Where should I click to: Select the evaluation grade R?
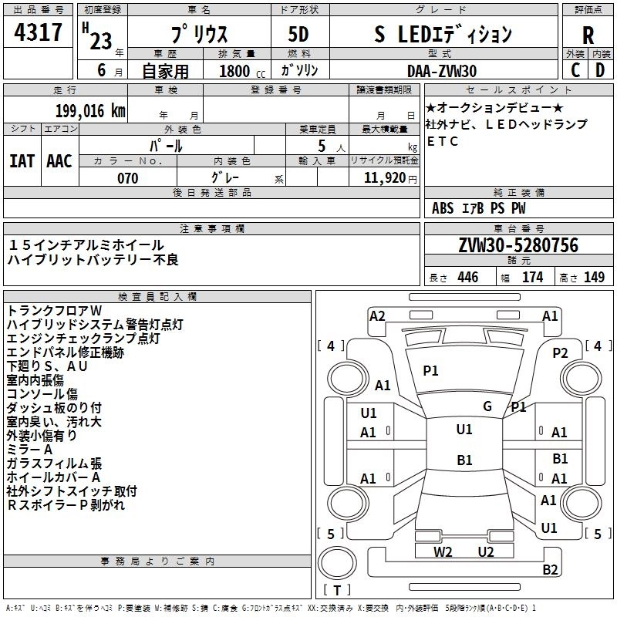[588, 35]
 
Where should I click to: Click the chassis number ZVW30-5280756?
[518, 245]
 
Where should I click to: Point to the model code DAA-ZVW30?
[442, 71]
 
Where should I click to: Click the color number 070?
[127, 178]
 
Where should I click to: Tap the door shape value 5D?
[298, 35]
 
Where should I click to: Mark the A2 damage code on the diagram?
[377, 315]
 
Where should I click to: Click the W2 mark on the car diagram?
[443, 551]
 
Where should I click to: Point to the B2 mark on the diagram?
[550, 570]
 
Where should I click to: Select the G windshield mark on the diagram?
[487, 406]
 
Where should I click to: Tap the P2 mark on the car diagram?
[560, 353]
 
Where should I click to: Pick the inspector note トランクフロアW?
[49, 311]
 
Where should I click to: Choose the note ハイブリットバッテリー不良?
[93, 260]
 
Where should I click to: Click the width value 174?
[532, 278]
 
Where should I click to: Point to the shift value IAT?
[22, 160]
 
